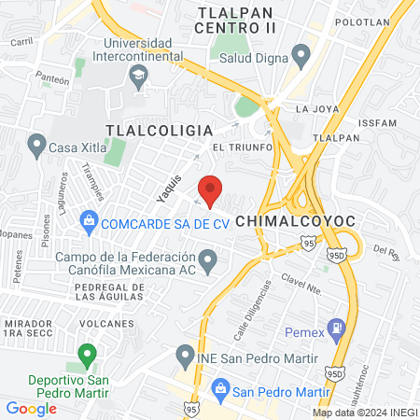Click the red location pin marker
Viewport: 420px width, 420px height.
pos(211,189)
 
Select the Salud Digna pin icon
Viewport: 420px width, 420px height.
pos(301,55)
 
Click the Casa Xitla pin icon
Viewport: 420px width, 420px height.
pos(36,145)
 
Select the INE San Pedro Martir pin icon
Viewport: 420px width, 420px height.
pos(184,357)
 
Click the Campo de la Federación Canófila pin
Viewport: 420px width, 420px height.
pos(208,259)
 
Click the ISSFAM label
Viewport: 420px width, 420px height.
pos(385,121)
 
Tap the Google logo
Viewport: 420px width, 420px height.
pos(31,407)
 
